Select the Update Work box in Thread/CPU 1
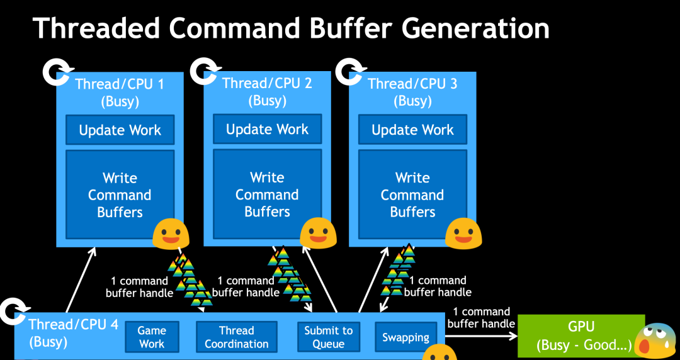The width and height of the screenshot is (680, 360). pyautogui.click(x=120, y=130)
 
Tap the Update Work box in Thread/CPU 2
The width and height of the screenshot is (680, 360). pyautogui.click(x=267, y=129)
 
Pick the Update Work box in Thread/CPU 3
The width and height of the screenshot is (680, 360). pyautogui.click(x=412, y=130)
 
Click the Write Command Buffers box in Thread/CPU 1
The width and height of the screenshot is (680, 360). pyautogui.click(x=120, y=194)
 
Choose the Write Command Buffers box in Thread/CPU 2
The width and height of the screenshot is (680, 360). pyautogui.click(x=267, y=194)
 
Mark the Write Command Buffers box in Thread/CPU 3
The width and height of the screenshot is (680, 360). pyautogui.click(x=412, y=194)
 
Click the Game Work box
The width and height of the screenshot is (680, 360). pyautogui.click(x=152, y=337)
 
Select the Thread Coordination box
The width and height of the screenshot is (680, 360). pyautogui.click(x=236, y=337)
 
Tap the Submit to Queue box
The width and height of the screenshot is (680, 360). pyautogui.click(x=329, y=337)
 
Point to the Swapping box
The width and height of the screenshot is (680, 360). pyautogui.click(x=405, y=337)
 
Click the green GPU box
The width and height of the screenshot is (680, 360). pyautogui.click(x=581, y=337)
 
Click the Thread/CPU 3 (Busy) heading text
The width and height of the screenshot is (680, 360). pyautogui.click(x=412, y=91)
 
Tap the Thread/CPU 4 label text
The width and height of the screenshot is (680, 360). pyautogui.click(x=73, y=325)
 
